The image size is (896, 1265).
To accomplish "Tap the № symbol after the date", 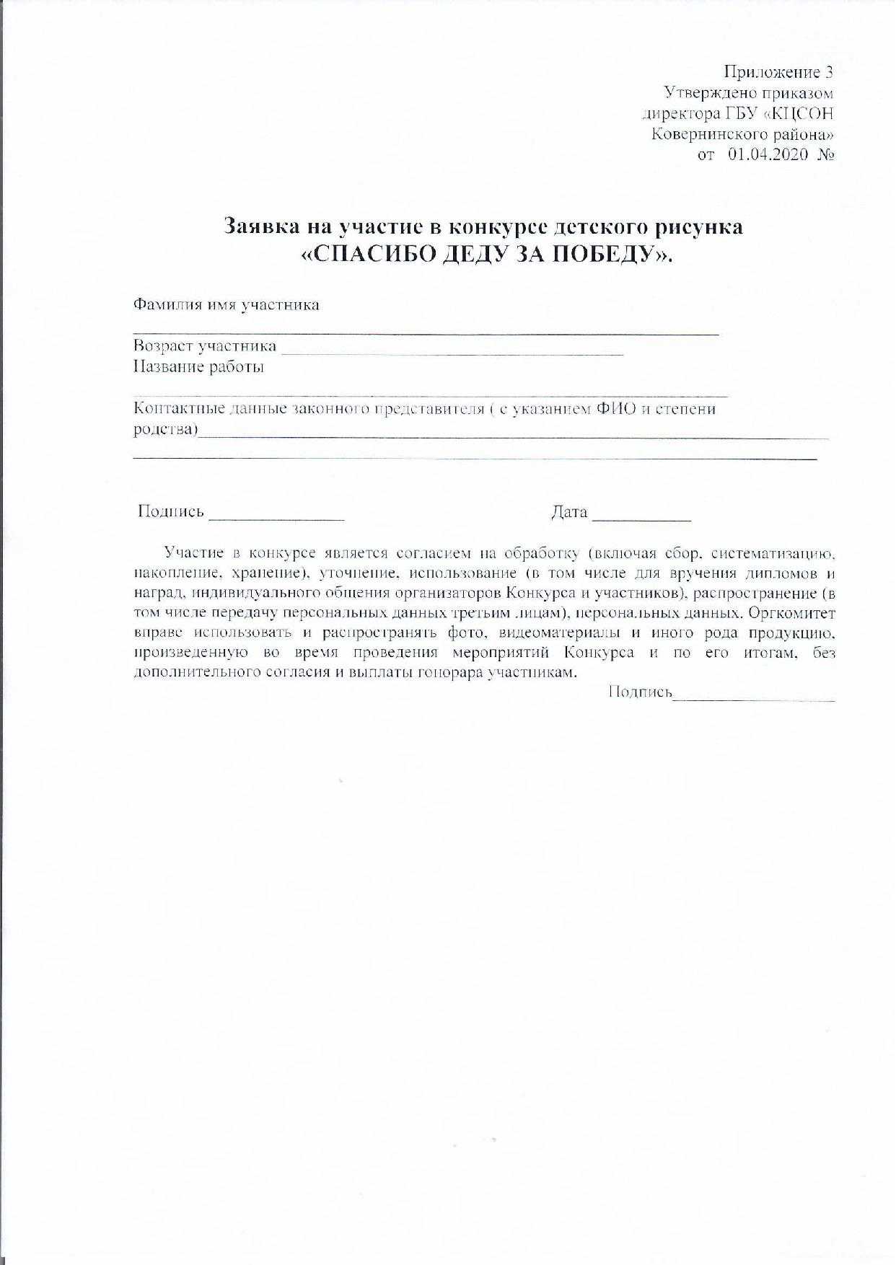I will (x=826, y=154).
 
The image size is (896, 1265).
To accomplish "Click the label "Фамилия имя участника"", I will (x=227, y=304).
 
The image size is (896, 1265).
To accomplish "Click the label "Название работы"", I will (x=199, y=367).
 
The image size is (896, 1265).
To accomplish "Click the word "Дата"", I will (x=570, y=512).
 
